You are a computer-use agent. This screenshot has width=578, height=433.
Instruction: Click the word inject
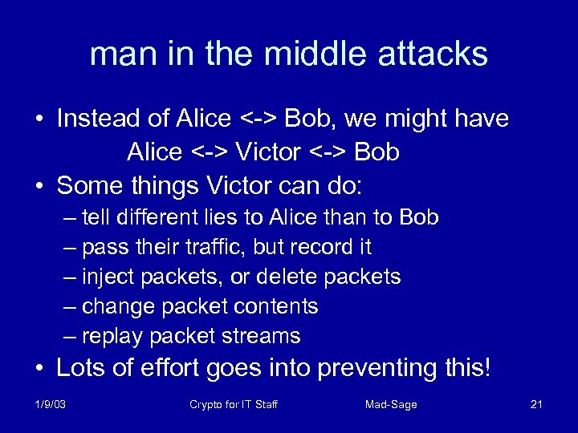point(109,277)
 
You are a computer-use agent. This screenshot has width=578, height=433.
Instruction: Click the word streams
point(262,336)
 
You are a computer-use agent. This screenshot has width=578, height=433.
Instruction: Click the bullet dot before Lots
point(40,369)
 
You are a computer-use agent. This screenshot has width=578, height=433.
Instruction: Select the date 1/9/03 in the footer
point(50,405)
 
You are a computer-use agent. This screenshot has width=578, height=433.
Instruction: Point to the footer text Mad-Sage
point(390,405)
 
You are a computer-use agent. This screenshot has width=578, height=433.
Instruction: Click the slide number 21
point(536,405)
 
